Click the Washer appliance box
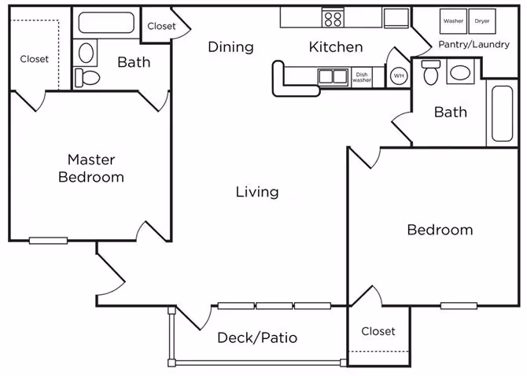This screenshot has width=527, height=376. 453,20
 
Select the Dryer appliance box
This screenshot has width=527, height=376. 481,20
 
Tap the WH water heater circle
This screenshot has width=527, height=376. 399,76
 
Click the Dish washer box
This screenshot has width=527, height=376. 362,76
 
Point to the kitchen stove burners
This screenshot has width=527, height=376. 333,17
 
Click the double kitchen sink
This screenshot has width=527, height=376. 334,76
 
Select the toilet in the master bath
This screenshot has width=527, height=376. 86,77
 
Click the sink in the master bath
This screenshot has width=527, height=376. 87,52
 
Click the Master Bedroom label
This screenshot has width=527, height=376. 91,168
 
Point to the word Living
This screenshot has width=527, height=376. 257,192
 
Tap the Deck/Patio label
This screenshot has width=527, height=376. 257,338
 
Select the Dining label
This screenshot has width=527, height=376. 230,47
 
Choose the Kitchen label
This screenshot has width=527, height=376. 336,47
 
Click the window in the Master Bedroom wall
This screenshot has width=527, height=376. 48,240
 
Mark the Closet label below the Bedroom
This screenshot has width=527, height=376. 378,331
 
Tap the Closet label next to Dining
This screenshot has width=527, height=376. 161,26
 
